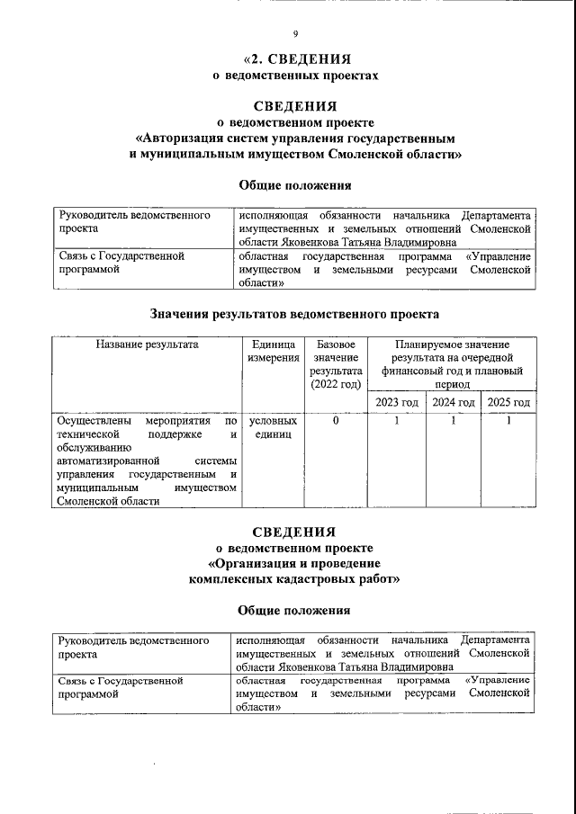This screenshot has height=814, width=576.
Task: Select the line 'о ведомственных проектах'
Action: [295, 76]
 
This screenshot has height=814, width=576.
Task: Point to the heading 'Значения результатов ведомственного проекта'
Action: [294, 314]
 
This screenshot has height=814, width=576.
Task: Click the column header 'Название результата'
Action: [146, 344]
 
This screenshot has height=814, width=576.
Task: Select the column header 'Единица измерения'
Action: [274, 352]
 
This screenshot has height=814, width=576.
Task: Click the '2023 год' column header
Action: [396, 402]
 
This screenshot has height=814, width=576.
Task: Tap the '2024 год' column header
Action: [454, 402]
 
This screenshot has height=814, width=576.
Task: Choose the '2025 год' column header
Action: [508, 402]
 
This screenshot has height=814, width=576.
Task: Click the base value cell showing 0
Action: [335, 421]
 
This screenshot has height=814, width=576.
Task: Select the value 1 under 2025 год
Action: [508, 421]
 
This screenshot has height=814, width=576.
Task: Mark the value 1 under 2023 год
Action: [396, 421]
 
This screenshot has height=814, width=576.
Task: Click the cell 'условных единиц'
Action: [274, 427]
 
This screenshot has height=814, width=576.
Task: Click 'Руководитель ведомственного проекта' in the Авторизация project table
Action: [134, 222]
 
